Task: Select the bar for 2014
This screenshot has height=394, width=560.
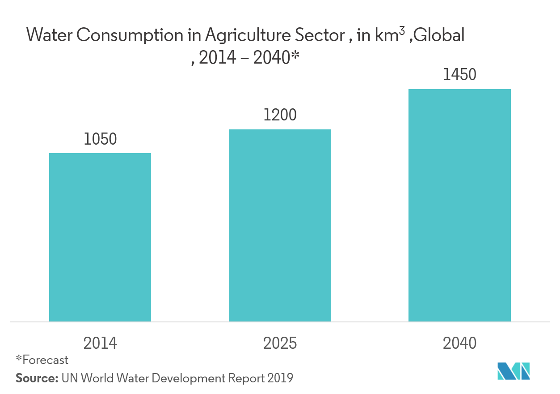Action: pos(100,237)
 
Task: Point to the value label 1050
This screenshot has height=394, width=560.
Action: pos(100,139)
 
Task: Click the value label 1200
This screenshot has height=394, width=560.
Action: pos(280,116)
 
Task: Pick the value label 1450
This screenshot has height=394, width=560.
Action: pos(459,75)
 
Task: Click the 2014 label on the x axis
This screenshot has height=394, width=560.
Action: pos(100,343)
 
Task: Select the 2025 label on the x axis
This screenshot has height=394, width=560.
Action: pos(280,343)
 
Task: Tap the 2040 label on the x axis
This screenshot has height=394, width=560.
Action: pos(459,343)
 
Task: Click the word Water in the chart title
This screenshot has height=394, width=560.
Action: pos(49,35)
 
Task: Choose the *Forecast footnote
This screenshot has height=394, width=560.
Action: pos(42,360)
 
